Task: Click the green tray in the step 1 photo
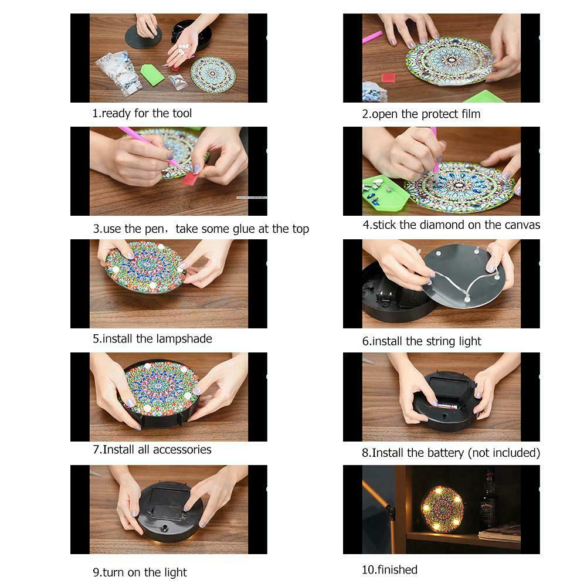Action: click(x=152, y=74)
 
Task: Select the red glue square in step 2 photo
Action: click(x=389, y=77)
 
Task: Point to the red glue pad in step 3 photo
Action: click(x=191, y=178)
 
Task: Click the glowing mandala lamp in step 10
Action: click(x=442, y=508)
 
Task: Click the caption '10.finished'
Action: click(x=389, y=569)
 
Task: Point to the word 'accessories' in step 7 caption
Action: click(x=182, y=450)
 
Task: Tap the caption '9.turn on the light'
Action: click(x=140, y=572)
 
